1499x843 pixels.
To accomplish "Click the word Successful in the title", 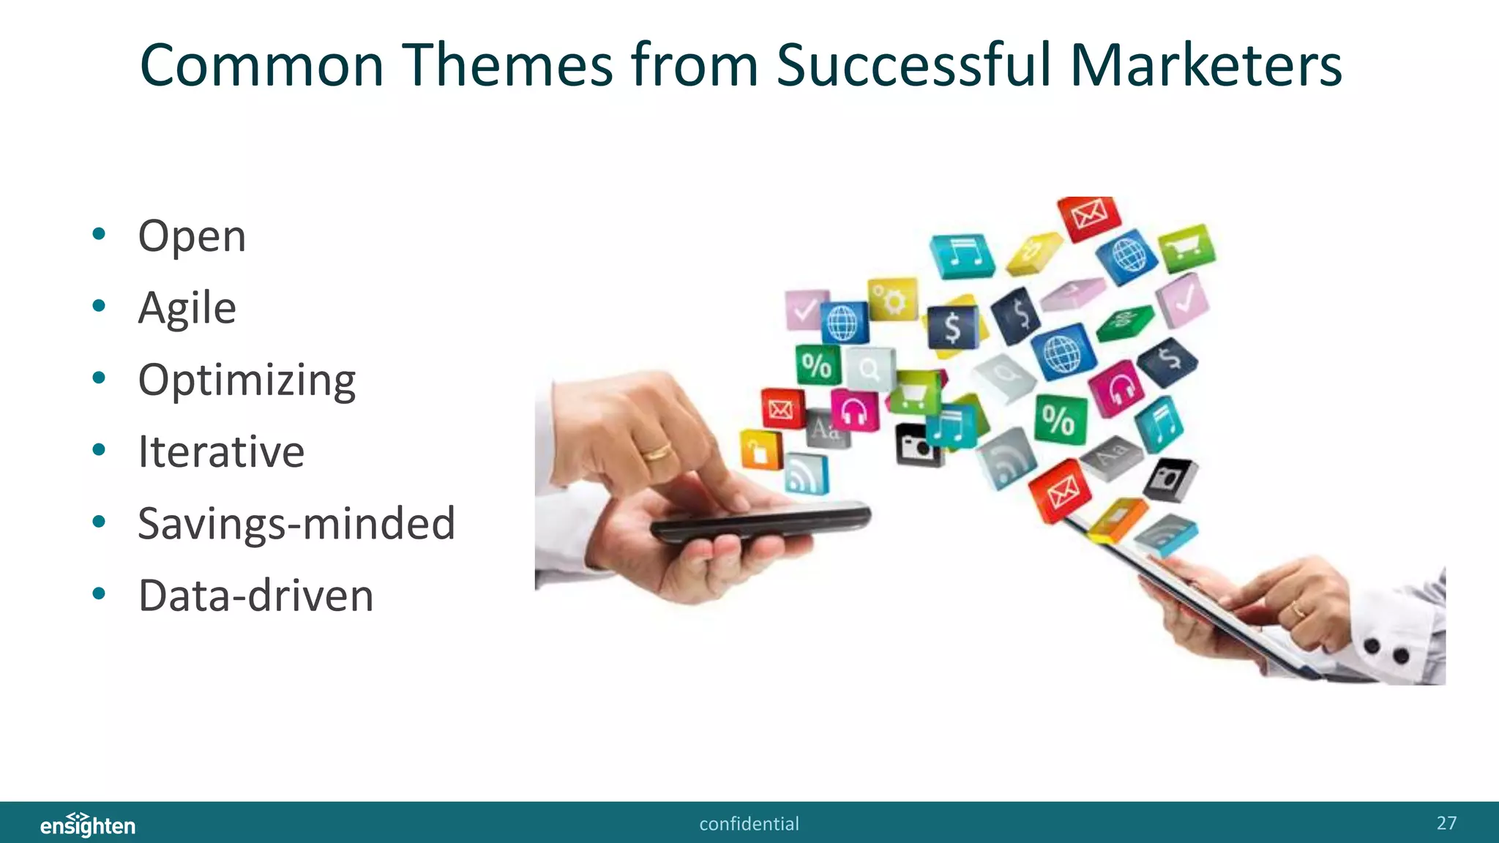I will click(913, 66).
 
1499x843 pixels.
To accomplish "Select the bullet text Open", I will click(192, 236).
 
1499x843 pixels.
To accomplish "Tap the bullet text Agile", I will click(187, 308).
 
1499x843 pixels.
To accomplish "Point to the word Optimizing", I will click(247, 381).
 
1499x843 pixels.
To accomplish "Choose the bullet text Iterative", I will click(221, 452).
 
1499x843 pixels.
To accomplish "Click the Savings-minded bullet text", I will click(296, 524).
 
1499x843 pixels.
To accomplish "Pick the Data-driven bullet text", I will click(255, 596).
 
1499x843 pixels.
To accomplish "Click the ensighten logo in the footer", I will click(88, 825).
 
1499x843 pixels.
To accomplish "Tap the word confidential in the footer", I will click(749, 824).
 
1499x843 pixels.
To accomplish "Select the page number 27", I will click(1446, 823).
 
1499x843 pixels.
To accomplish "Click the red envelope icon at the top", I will click(1089, 217).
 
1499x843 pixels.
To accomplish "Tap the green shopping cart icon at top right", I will click(1186, 247).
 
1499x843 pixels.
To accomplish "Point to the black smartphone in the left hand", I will click(761, 522).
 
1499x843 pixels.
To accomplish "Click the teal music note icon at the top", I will click(962, 255).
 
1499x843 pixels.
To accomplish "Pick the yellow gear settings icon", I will click(893, 299).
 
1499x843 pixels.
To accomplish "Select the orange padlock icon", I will click(760, 449).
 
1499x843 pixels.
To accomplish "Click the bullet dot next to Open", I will click(99, 235).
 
